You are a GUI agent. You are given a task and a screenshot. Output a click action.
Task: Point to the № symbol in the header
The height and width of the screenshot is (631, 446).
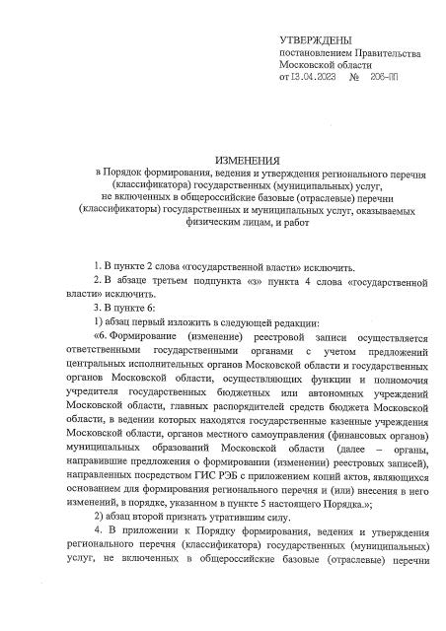coord(353,76)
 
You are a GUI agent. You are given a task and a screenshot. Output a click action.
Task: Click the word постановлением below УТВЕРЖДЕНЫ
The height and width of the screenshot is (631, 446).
coord(320,50)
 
